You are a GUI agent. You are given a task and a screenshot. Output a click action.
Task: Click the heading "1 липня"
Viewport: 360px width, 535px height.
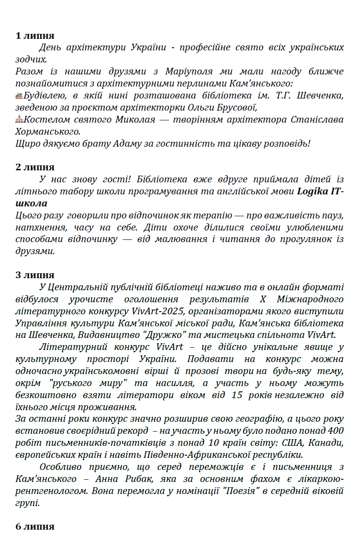35,36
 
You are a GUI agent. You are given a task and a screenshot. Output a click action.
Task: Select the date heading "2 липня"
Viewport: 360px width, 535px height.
35,167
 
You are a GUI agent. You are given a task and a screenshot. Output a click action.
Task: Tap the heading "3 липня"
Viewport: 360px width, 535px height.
35,275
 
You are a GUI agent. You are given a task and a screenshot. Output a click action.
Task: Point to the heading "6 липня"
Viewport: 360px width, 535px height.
35,526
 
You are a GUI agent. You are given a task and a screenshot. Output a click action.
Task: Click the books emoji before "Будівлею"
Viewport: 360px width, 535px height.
19,95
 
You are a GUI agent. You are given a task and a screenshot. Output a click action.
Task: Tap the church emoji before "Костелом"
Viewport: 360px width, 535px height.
19,119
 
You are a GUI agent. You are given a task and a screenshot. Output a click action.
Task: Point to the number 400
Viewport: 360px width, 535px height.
335,431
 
